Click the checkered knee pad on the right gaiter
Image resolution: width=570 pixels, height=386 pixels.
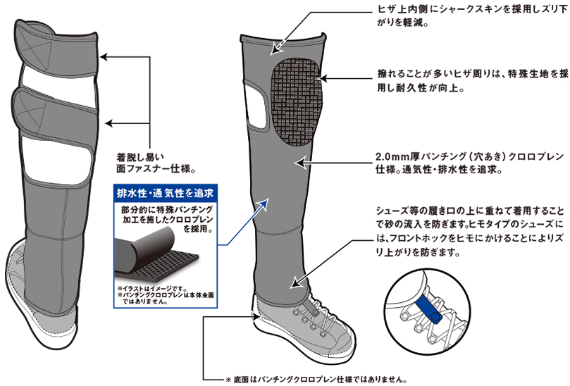tap(296, 101)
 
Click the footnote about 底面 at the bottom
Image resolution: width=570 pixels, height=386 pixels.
tap(315, 380)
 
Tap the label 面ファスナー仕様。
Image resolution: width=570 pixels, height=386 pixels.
tap(156, 169)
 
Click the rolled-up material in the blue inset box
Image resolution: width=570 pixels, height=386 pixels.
tap(144, 247)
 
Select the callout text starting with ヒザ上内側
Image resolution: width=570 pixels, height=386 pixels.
tap(471, 16)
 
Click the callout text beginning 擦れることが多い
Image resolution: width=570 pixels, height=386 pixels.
tap(472, 81)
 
